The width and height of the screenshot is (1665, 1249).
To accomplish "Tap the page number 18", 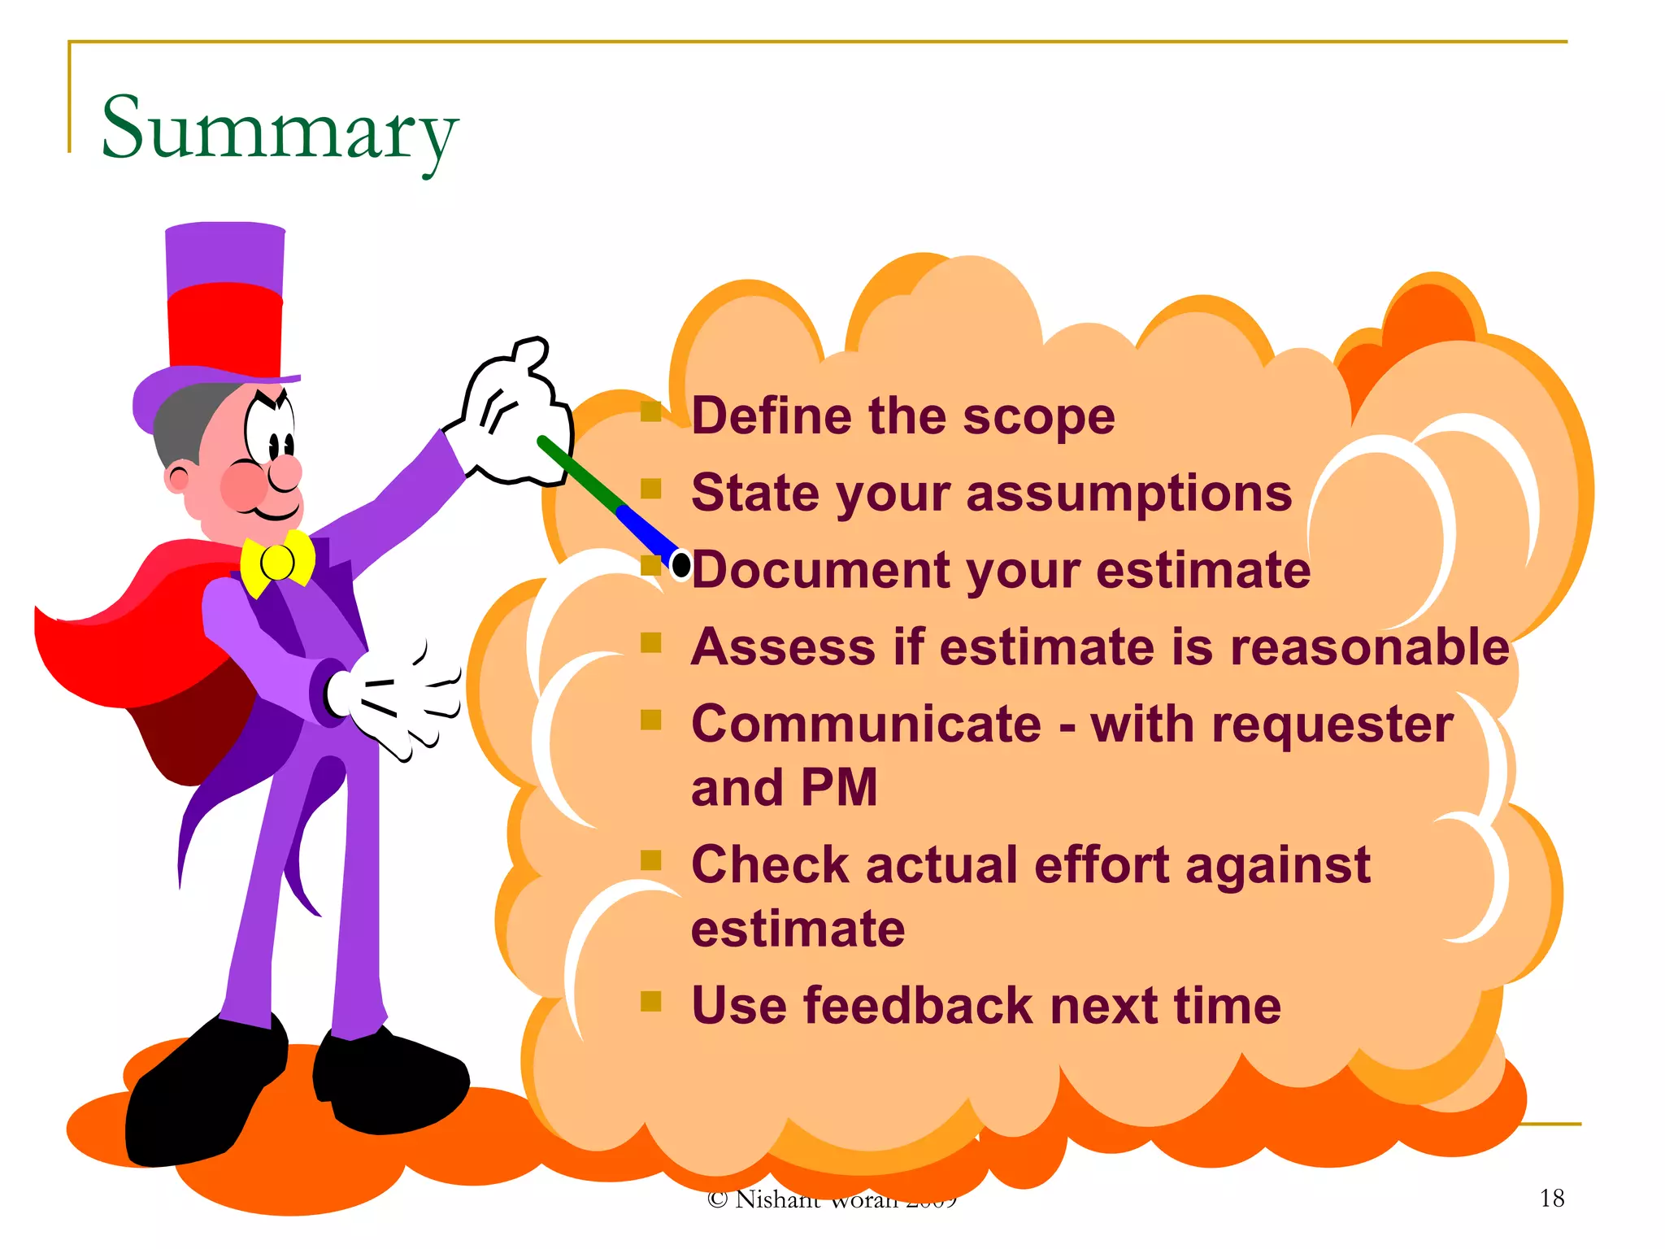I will click(x=1551, y=1198).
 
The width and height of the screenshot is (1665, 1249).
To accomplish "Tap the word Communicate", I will click(x=866, y=724).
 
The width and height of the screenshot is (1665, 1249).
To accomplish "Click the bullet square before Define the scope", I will click(x=650, y=413).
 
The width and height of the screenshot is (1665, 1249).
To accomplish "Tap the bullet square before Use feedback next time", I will click(x=650, y=1001).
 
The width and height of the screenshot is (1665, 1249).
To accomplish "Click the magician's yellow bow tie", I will click(x=277, y=561).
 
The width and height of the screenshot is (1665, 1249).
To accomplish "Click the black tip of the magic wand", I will click(x=682, y=564).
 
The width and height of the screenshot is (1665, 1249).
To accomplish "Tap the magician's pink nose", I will click(x=285, y=471).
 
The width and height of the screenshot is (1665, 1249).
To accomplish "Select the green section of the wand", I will click(x=580, y=475).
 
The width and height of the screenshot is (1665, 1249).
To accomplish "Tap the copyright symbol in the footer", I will click(x=717, y=1199).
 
